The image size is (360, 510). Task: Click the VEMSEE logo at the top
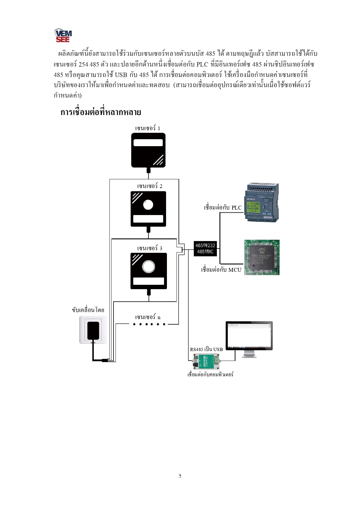[63, 35]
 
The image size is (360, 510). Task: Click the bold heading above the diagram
[101, 112]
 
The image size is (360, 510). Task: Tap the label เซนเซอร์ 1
[147, 128]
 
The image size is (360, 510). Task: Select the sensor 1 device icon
[148, 150]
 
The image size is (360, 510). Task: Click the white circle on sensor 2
[148, 205]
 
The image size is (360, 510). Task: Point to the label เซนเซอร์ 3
[150, 248]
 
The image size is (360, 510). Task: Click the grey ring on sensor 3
[148, 266]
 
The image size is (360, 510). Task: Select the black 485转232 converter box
[205, 248]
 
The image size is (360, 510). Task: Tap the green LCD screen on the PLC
[253, 206]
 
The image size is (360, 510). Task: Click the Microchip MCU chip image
[262, 257]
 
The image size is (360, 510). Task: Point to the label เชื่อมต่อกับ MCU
[221, 270]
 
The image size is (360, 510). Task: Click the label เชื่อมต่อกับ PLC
[223, 207]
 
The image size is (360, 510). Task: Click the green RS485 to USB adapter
[206, 362]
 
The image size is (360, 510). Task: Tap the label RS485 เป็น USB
[206, 349]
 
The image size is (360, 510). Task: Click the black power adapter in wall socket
[93, 330]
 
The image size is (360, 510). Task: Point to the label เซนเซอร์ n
[147, 317]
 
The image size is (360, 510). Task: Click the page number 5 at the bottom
[180, 476]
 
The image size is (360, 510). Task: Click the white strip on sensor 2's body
[148, 219]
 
